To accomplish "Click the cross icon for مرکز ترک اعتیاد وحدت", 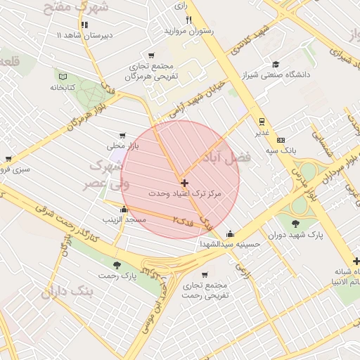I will (x=185, y=182).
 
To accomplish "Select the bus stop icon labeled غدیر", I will (x=262, y=121).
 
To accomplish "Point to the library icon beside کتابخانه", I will (x=63, y=76).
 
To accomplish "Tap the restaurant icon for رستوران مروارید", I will (x=188, y=20).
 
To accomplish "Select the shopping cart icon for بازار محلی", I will (x=123, y=135).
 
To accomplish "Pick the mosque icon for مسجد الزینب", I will (x=124, y=209).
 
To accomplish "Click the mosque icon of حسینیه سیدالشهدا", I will (x=230, y=234).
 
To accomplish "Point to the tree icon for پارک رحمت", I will (x=117, y=265).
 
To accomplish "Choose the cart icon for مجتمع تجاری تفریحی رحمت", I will (x=205, y=275).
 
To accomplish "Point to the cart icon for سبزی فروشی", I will (x=8, y=159).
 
